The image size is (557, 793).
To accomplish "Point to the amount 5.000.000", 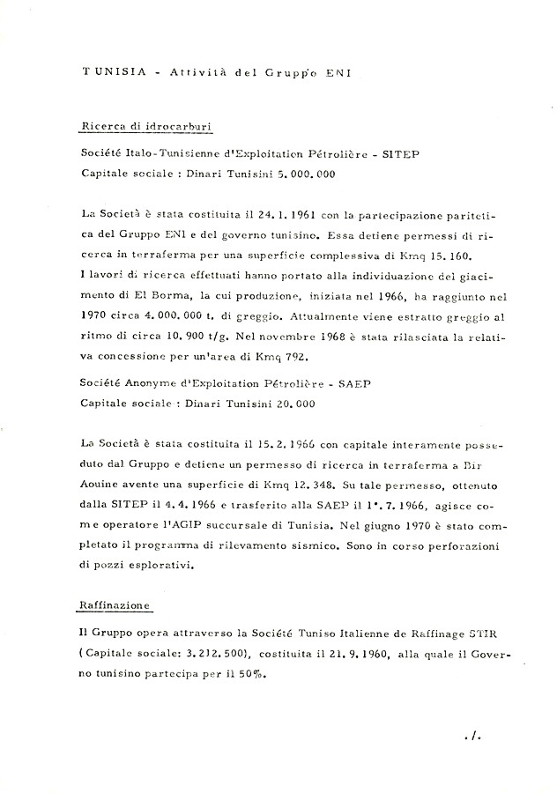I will [x=301, y=174].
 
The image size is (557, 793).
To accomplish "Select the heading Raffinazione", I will [x=112, y=605].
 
